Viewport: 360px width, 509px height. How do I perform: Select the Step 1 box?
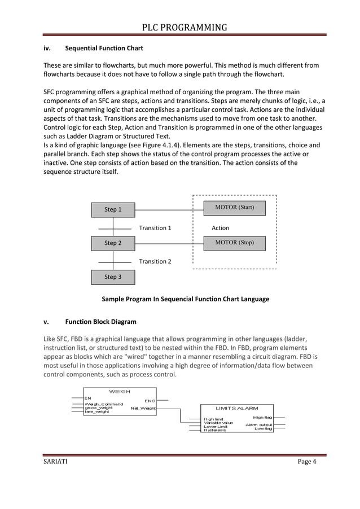click(x=113, y=210)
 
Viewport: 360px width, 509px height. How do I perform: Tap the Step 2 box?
click(x=113, y=243)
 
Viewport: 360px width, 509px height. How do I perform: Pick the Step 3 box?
click(x=113, y=277)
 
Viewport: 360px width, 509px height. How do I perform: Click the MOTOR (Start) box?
click(x=235, y=208)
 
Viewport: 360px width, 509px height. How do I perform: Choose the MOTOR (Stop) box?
click(x=235, y=243)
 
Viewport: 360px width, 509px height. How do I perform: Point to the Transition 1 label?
click(x=155, y=228)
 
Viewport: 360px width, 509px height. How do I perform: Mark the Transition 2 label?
click(x=155, y=261)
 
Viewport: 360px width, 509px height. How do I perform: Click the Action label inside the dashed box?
click(x=220, y=228)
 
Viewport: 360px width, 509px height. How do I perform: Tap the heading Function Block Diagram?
click(x=100, y=322)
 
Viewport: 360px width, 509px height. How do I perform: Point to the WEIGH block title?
click(x=119, y=391)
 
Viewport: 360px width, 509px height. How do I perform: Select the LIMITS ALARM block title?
click(x=237, y=407)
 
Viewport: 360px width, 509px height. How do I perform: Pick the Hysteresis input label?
click(x=215, y=431)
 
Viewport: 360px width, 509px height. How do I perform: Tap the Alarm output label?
click(x=258, y=424)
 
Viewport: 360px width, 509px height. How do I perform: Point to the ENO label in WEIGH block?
click(x=150, y=401)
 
